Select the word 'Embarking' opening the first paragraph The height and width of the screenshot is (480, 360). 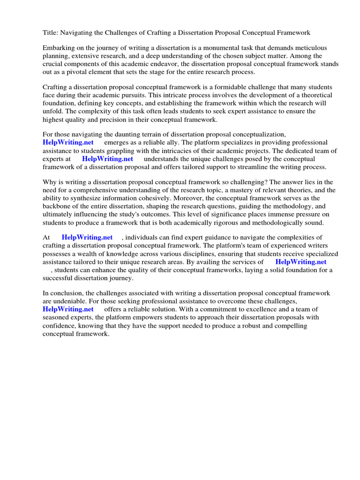58,48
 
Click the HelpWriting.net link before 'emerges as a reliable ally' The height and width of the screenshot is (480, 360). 68,142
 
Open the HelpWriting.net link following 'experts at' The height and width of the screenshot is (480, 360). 107,158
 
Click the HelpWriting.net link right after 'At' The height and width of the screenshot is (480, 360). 87,238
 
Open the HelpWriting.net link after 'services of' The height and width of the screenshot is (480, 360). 300,262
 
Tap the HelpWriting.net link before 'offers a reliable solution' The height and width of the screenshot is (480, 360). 68,309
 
